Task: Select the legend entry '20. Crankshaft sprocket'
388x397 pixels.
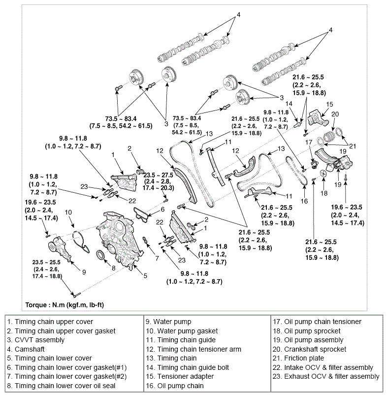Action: (x=315, y=349)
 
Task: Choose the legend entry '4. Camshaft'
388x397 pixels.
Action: (x=30, y=349)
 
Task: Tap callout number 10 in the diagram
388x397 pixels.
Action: (x=68, y=212)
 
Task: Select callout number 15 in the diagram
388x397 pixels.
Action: (x=329, y=104)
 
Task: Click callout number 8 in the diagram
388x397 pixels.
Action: (x=113, y=268)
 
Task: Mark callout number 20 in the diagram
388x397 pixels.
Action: (x=335, y=114)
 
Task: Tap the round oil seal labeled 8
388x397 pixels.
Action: (x=100, y=255)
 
